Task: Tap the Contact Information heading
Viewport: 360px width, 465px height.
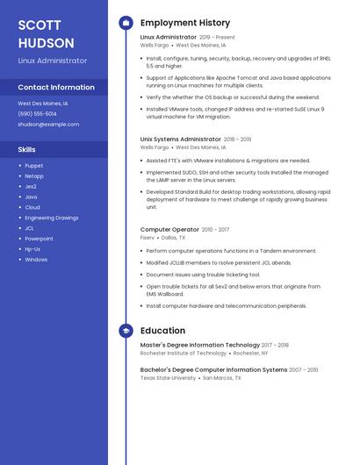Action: click(56, 88)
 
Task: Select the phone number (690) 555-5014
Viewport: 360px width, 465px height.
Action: click(37, 114)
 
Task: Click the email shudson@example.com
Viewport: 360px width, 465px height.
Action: click(48, 125)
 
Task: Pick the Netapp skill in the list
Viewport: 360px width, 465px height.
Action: click(34, 175)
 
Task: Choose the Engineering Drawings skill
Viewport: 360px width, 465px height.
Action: click(51, 218)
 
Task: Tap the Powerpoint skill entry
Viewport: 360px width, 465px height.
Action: click(39, 239)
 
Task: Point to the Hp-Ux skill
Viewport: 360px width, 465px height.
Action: click(32, 249)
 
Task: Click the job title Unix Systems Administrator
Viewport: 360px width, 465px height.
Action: click(181, 139)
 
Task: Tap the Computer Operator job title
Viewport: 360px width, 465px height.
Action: click(169, 229)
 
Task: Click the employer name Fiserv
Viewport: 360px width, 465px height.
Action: click(148, 238)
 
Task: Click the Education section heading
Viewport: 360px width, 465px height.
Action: click(162, 331)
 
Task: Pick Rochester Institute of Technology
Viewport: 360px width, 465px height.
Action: click(184, 353)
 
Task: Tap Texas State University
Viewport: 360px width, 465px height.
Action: click(168, 378)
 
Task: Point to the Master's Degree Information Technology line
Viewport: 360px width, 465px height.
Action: click(199, 345)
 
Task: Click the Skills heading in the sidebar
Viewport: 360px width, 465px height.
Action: click(27, 149)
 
